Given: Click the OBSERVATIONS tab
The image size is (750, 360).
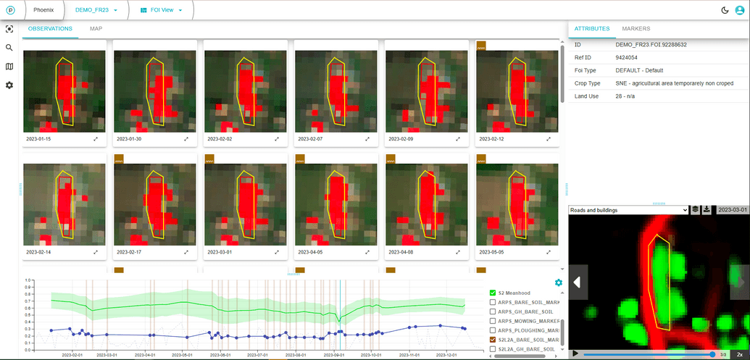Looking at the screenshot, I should [x=50, y=29].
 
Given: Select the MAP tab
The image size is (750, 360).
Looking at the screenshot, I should [x=96, y=29].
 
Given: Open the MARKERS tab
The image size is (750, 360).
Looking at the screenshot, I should [x=636, y=29].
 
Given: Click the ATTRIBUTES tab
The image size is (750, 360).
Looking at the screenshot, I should [x=591, y=29].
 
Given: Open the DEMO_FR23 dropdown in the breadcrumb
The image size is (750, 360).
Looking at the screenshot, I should [x=96, y=10].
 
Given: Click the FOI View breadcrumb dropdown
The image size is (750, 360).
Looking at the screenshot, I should [x=161, y=10].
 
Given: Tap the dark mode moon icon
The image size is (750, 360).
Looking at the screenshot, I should [x=725, y=10].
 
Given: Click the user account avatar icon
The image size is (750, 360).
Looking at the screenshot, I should [x=739, y=10].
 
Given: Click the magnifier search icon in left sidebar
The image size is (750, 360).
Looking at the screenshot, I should [x=9, y=48].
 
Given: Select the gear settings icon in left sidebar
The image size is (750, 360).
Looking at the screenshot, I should [x=9, y=85].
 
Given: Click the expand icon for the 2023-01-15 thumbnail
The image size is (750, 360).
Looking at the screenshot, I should [x=96, y=138].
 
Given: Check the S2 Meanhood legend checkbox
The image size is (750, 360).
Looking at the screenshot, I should [x=493, y=293].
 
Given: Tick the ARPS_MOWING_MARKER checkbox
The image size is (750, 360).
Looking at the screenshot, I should [x=493, y=321].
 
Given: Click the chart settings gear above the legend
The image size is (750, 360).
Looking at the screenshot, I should [x=558, y=282].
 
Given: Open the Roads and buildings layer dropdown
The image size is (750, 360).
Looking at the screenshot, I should [x=628, y=210].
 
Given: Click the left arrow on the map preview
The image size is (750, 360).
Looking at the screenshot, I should [x=578, y=282].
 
